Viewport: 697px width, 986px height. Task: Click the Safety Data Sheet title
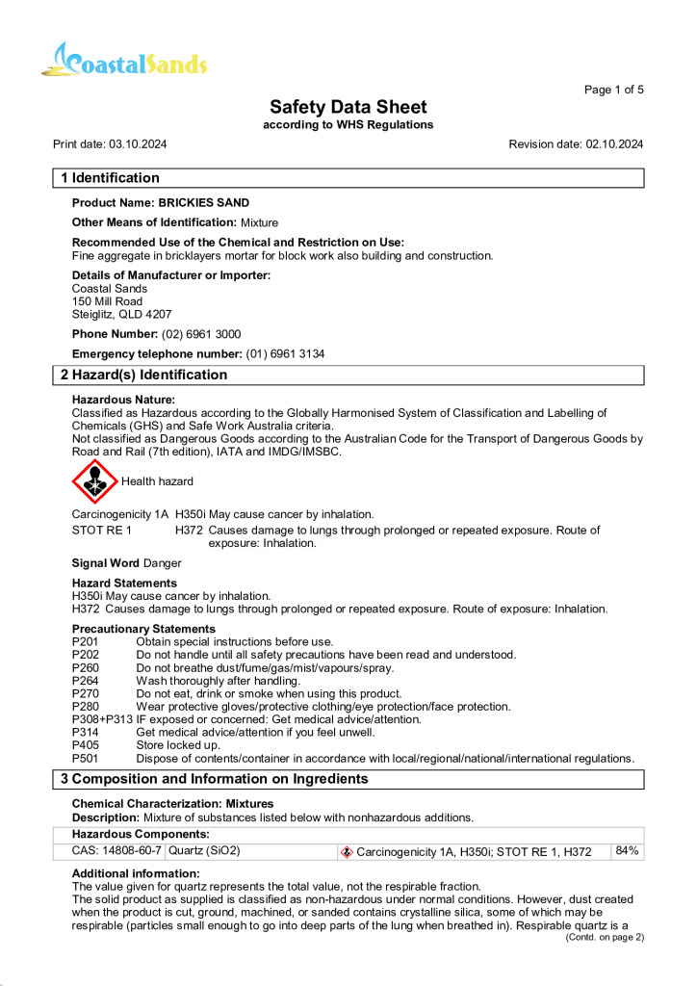coord(348,107)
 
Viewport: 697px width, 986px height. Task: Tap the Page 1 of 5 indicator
coord(613,90)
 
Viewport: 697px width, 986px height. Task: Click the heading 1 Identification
coord(111,178)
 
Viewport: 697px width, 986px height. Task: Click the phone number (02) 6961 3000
coord(201,334)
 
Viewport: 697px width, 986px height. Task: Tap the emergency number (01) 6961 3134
coord(286,354)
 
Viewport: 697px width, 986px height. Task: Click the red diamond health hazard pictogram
coord(93,481)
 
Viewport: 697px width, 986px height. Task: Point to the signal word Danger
coord(162,562)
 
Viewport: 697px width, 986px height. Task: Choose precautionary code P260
coord(86,668)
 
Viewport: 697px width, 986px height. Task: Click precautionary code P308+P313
coord(103,719)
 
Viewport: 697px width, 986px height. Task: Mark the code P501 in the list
coord(86,759)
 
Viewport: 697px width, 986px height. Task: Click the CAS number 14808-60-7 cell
coord(116,851)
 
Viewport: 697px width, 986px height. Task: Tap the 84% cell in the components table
coord(628,851)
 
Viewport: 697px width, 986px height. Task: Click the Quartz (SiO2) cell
coord(205,851)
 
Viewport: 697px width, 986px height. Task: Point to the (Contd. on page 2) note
coord(604,937)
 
